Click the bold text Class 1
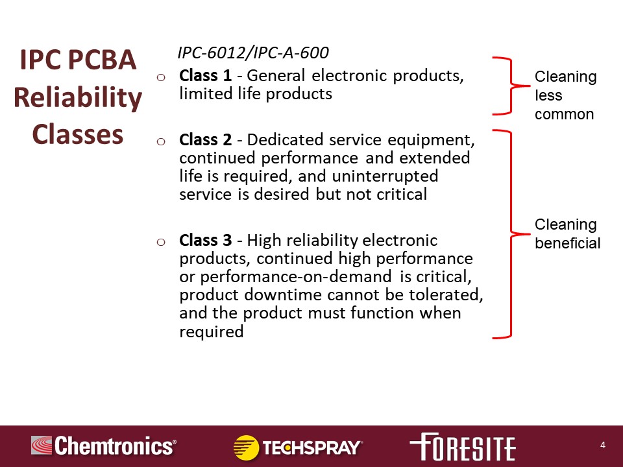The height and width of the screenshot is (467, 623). (206, 75)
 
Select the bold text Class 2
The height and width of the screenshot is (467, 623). (206, 140)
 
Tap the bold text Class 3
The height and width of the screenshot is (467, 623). (206, 240)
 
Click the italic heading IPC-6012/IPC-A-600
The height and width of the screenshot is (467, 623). (253, 53)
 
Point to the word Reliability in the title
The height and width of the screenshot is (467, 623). (78, 98)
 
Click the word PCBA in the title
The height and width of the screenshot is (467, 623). (103, 60)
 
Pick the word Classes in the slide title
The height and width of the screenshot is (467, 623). (78, 134)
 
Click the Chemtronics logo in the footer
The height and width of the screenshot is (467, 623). (104, 446)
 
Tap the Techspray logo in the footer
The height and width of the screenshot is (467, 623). (298, 447)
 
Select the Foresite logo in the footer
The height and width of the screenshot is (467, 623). (463, 446)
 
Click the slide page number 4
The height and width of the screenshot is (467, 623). (603, 445)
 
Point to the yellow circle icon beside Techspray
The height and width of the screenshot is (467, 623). (247, 447)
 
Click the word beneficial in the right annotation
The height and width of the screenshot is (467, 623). (567, 243)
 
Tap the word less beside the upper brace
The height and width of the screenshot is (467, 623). (548, 95)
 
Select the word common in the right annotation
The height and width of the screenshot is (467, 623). (564, 114)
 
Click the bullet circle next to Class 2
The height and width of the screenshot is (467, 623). (161, 141)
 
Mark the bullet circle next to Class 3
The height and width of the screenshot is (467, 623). (161, 242)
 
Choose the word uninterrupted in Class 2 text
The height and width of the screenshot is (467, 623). (385, 176)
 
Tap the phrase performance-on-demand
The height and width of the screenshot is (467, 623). (296, 277)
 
